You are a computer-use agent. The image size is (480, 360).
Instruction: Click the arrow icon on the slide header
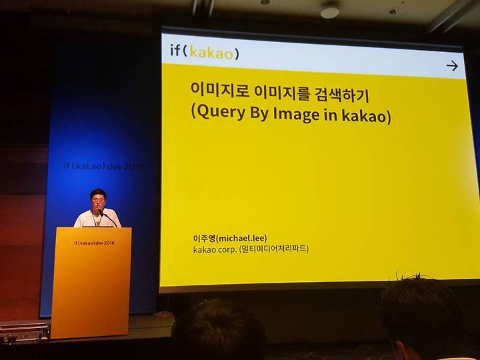tap(452, 66)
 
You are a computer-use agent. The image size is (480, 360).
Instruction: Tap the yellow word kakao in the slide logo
tap(211, 53)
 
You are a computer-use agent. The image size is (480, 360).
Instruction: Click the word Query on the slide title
tap(221, 112)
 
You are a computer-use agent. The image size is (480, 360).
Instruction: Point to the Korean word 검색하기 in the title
tap(342, 94)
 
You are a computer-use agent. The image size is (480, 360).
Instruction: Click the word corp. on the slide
tap(227, 249)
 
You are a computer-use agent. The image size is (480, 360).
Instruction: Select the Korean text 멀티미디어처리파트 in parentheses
tap(274, 249)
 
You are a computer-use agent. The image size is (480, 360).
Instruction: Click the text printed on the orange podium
tap(94, 243)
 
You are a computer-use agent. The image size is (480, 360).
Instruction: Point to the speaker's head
tap(98, 199)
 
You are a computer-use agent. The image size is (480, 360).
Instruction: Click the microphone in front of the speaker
tap(101, 213)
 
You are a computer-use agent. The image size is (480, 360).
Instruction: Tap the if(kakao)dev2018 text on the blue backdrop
tap(103, 166)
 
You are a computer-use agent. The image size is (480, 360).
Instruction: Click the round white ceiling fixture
tap(330, 12)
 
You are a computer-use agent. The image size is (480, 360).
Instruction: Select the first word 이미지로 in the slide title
tap(219, 89)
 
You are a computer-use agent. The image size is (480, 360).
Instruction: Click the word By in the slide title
tap(259, 113)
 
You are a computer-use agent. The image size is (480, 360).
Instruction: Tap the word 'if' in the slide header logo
tap(175, 50)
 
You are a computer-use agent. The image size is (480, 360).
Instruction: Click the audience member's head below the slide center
tap(219, 331)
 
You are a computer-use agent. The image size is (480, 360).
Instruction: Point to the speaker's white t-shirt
tap(97, 219)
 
